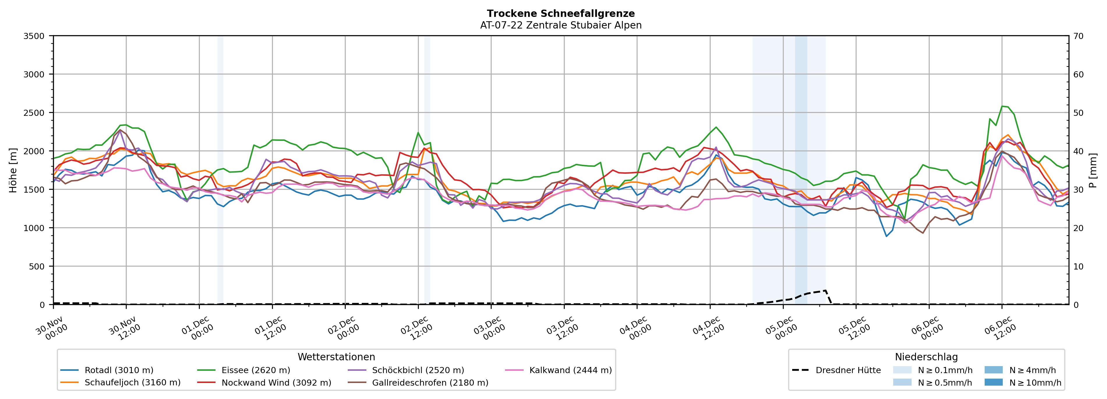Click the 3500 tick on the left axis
(x=34, y=36)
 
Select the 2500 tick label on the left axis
(x=34, y=113)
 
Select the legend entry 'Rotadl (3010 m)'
(x=119, y=370)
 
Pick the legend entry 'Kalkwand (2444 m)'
(x=570, y=370)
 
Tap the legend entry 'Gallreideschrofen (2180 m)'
(x=430, y=383)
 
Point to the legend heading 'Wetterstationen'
(x=336, y=357)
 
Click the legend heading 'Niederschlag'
(x=926, y=357)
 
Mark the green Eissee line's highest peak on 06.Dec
(x=1002, y=106)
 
